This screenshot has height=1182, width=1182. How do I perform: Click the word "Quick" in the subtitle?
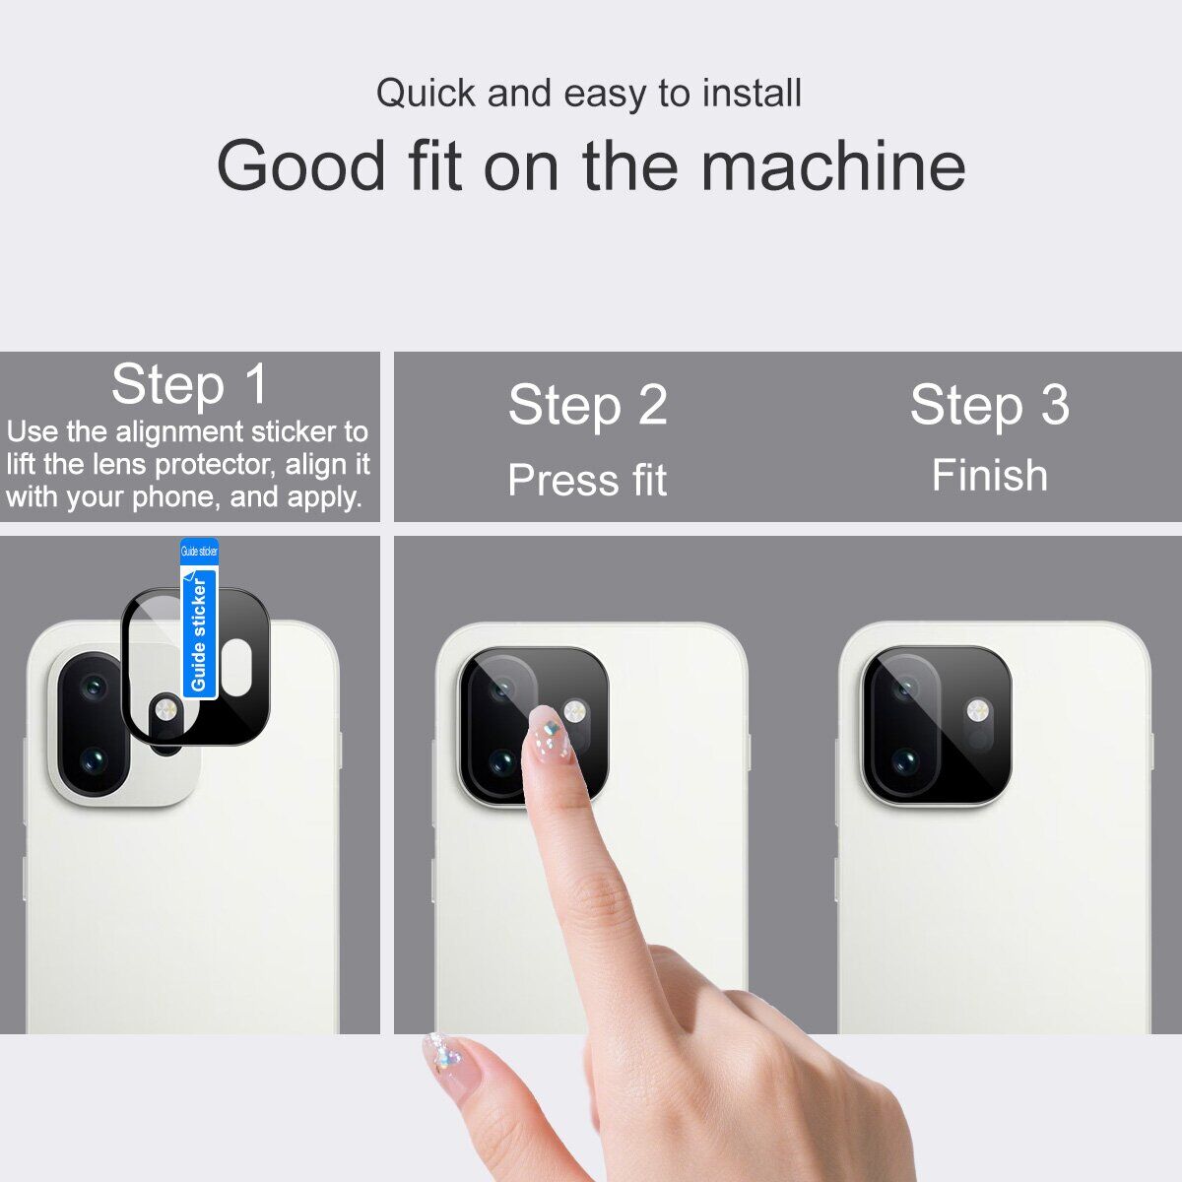pyautogui.click(x=426, y=94)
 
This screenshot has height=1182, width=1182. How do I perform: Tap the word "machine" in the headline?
pyautogui.click(x=833, y=165)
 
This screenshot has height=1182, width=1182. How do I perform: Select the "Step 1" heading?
pyautogui.click(x=189, y=384)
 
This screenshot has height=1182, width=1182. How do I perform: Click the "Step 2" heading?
pyautogui.click(x=588, y=404)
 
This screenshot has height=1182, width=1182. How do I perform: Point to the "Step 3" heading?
pyautogui.click(x=989, y=404)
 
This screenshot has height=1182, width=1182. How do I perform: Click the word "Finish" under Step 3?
pyautogui.click(x=989, y=475)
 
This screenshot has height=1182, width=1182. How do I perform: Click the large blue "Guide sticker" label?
pyautogui.click(x=199, y=633)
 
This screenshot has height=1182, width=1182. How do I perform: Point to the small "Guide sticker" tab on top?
pyautogui.click(x=199, y=552)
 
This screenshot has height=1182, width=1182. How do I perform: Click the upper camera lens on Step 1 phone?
pyautogui.click(x=94, y=687)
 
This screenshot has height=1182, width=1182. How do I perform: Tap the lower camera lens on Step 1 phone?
pyautogui.click(x=94, y=761)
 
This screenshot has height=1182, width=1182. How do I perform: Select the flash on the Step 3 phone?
pyautogui.click(x=978, y=711)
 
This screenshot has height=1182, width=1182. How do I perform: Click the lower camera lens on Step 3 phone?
pyautogui.click(x=905, y=761)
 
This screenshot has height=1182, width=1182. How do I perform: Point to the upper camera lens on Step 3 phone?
pyautogui.click(x=905, y=689)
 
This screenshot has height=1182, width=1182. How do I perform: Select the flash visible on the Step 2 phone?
pyautogui.click(x=574, y=711)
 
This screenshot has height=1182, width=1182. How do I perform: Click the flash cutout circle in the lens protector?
pyautogui.click(x=165, y=711)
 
